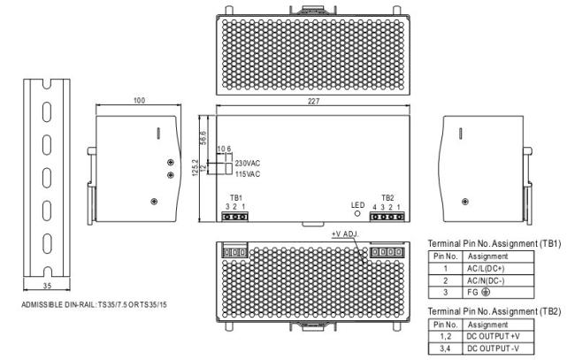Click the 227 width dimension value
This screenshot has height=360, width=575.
313,101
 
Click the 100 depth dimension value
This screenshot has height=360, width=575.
139,101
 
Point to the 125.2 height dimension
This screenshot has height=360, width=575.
195,167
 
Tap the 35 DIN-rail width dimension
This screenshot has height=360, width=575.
47,286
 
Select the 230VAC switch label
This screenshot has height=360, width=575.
248,163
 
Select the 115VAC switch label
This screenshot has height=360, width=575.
248,174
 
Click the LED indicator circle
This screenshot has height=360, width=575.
357,213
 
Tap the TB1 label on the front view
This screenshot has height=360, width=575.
236,198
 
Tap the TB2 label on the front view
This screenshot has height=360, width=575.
387,198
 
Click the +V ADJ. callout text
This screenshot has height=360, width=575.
345,234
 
